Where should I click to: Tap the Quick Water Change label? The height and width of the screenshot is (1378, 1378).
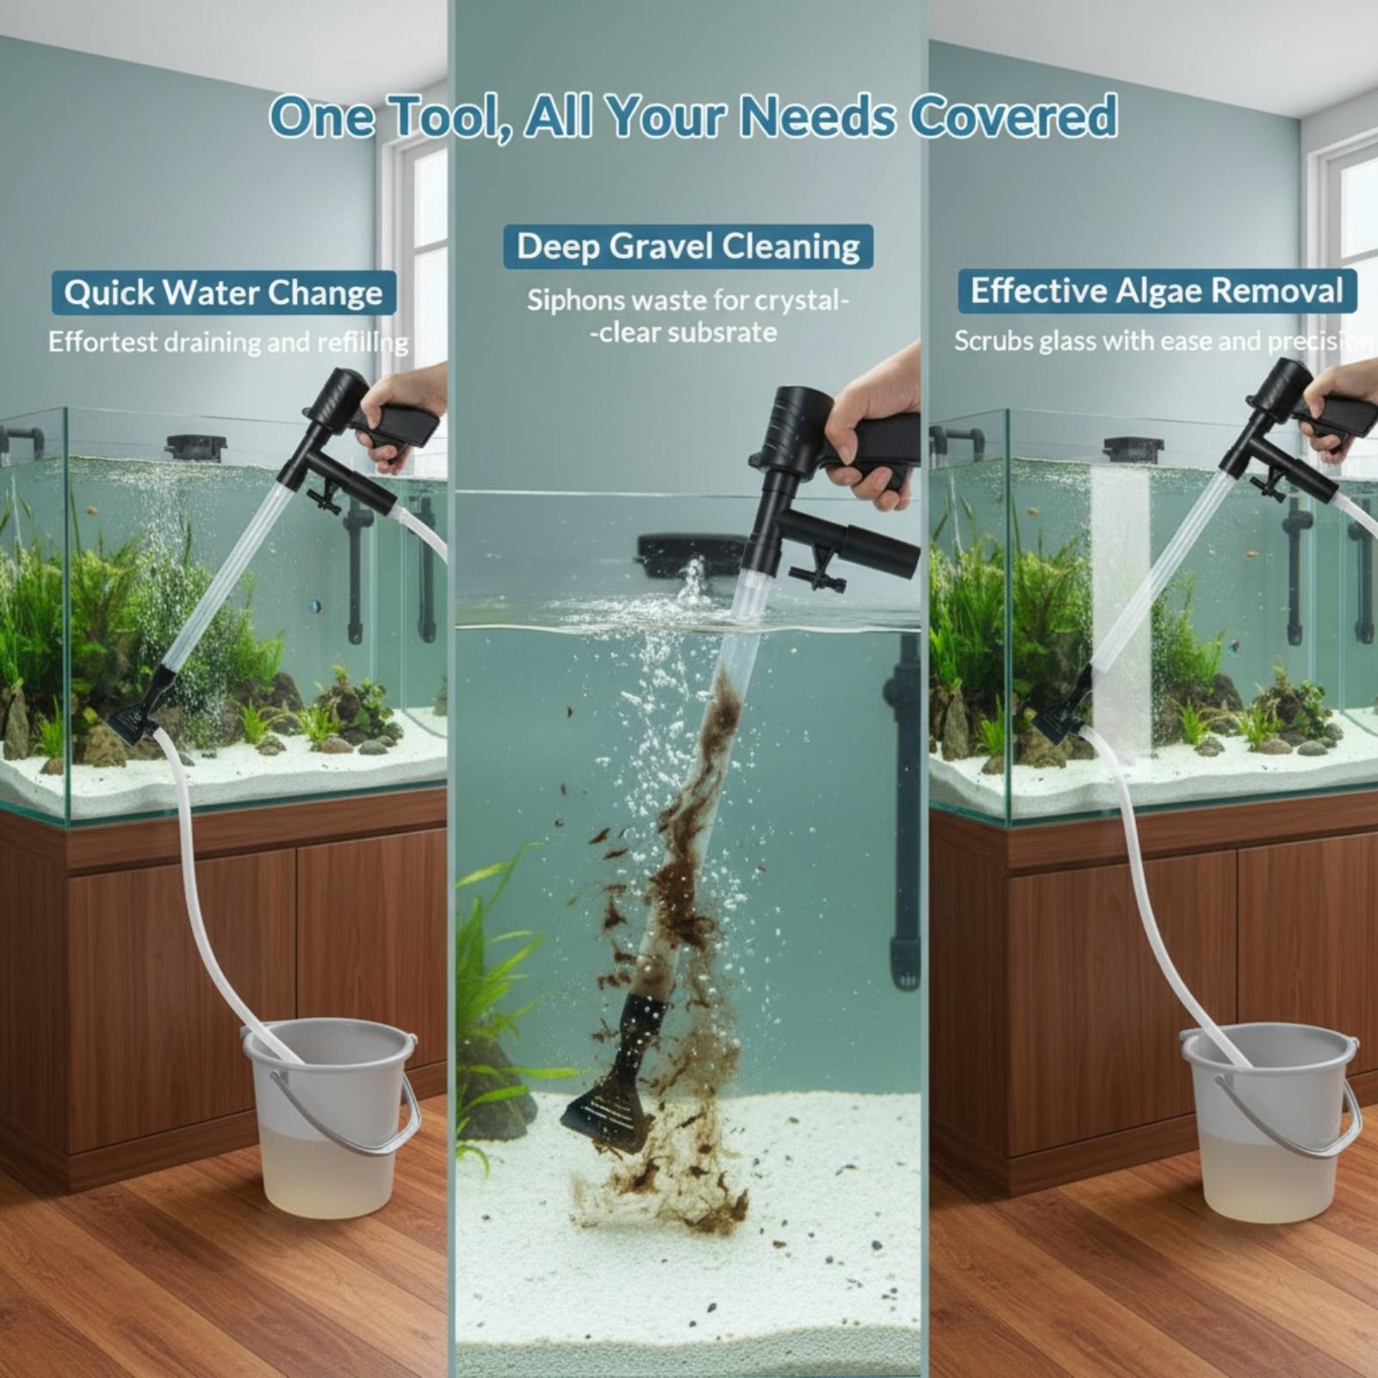coord(224,293)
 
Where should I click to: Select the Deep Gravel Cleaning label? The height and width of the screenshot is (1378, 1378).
coord(688,246)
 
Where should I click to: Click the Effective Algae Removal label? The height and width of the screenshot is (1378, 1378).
coord(1157,291)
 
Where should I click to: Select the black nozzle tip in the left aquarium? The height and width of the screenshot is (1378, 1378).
coord(138,711)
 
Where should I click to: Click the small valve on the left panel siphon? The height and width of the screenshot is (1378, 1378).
coord(326,498)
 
